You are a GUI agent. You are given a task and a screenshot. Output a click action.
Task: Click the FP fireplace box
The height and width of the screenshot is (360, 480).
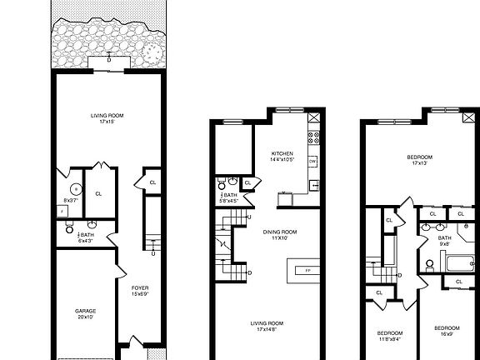click(307, 271)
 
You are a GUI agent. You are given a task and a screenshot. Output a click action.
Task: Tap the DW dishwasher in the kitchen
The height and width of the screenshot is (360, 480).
click(312, 161)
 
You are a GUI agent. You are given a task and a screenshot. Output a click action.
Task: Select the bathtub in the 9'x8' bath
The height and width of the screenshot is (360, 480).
click(460, 266)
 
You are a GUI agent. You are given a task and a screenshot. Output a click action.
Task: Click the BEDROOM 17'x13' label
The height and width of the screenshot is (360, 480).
click(419, 157)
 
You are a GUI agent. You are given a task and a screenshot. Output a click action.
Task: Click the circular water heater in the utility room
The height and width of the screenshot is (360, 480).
click(74, 188)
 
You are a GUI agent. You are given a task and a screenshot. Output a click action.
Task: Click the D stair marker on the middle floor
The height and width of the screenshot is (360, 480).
click(251, 272)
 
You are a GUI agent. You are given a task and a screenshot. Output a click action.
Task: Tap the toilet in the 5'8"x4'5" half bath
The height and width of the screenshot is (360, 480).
click(219, 185)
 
